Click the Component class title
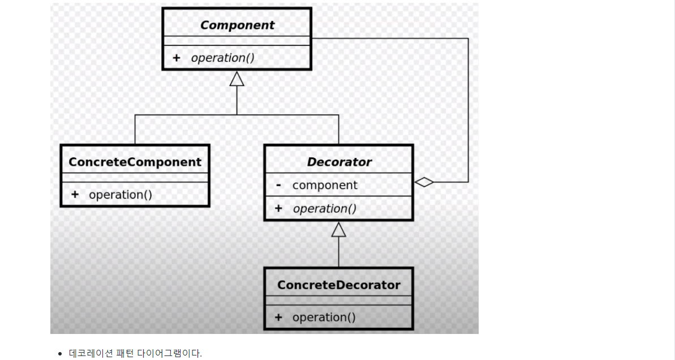point(237,25)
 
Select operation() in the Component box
point(222,58)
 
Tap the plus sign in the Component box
point(176,58)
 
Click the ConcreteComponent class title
point(135,162)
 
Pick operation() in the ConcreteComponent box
point(121,195)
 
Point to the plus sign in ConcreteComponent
point(75,195)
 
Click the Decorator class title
point(339,162)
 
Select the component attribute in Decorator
point(325,185)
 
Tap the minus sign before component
point(278,185)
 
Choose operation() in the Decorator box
point(324,208)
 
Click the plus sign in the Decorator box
point(278,208)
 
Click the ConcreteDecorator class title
point(338,285)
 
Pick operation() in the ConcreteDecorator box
point(324,318)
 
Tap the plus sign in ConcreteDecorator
point(278,318)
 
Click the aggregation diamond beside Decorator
point(424,182)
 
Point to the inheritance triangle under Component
point(237,79)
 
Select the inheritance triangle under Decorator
point(339,229)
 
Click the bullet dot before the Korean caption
point(60,354)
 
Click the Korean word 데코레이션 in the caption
point(92,354)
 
